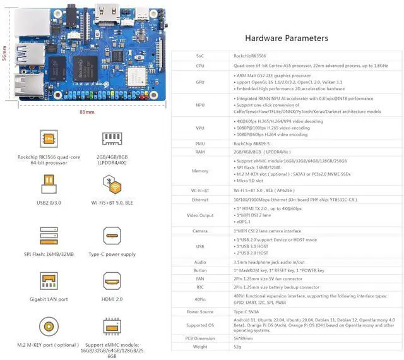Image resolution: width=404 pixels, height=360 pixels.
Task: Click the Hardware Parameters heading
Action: coord(286,39)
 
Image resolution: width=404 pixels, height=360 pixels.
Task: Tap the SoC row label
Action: coord(200,56)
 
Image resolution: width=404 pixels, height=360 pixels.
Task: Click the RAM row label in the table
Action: coord(200,152)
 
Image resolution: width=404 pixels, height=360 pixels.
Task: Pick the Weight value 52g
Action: coord(238,347)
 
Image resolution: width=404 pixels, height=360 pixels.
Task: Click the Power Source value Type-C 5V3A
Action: coord(250,311)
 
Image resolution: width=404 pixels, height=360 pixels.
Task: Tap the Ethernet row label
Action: coord(200,199)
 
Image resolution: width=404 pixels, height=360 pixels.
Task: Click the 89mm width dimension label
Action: coord(87,112)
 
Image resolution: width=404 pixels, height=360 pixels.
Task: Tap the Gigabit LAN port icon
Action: coord(48,282)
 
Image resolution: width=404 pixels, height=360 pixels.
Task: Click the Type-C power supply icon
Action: coord(112,233)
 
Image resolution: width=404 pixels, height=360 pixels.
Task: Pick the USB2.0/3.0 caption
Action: coord(48,203)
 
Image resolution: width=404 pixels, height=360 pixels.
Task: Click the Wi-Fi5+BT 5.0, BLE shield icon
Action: coord(112,184)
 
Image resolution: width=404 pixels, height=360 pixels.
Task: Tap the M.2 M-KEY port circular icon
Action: coord(48,327)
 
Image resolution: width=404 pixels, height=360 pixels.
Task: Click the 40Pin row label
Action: coord(200,298)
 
